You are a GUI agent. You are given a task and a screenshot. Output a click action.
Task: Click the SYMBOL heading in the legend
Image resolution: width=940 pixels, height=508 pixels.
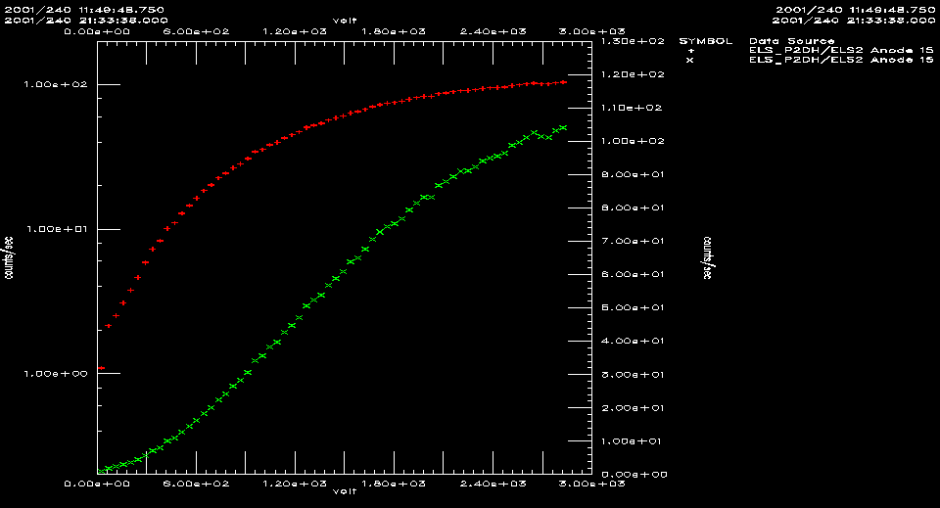[x=704, y=41]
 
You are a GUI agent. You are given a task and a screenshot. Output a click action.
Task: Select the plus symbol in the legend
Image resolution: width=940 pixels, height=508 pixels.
[x=690, y=51]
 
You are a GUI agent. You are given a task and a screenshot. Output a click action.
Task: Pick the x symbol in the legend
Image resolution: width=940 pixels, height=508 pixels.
[x=690, y=61]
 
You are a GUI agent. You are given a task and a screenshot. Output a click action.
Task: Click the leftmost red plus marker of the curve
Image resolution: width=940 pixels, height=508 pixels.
[x=101, y=369]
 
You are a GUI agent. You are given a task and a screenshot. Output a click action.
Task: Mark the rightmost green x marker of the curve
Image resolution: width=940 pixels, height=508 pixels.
[x=563, y=127]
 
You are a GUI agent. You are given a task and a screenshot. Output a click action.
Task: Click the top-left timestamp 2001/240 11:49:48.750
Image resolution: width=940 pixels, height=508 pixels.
[x=84, y=9]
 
